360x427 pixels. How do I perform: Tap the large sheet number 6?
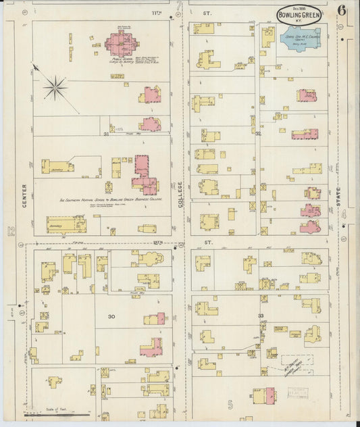(343, 12)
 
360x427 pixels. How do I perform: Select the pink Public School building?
(122, 47)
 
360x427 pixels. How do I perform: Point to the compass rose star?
(55, 86)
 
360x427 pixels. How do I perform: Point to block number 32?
(259, 133)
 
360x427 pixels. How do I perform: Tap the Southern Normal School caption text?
(111, 200)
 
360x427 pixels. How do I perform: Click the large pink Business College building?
(143, 174)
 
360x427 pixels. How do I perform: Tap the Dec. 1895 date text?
(298, 6)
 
